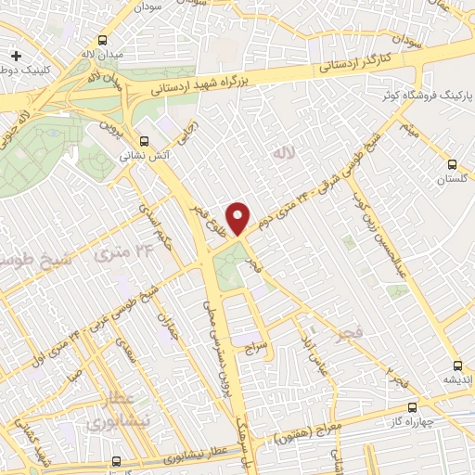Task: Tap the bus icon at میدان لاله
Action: (x=102, y=41)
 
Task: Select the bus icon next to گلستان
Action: (x=452, y=139)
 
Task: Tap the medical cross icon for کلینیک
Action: (x=17, y=57)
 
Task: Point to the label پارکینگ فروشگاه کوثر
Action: (x=422, y=96)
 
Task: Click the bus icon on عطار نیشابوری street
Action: (x=116, y=461)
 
